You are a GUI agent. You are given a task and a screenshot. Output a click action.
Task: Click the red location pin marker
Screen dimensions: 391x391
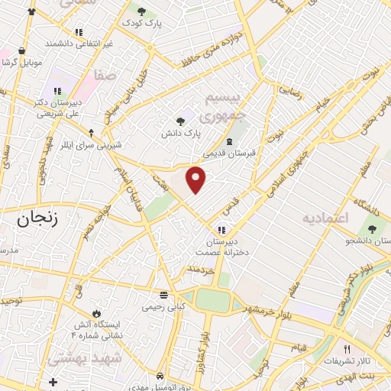coord(196,179)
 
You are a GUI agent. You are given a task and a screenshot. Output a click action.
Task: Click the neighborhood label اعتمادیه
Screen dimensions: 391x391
coord(325,218)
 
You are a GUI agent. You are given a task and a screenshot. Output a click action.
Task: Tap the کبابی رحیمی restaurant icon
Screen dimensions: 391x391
coord(163,294)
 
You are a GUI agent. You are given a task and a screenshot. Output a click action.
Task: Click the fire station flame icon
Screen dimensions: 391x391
coord(96,313)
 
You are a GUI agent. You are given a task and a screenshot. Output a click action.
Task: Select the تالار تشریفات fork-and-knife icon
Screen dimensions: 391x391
coord(346,347)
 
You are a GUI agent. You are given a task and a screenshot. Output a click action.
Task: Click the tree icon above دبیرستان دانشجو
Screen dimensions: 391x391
coord(373,229)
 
